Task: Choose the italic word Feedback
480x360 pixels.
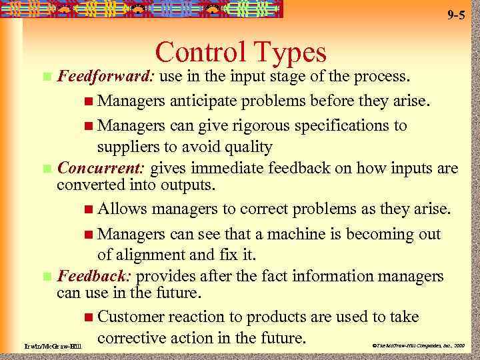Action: [95, 276]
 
